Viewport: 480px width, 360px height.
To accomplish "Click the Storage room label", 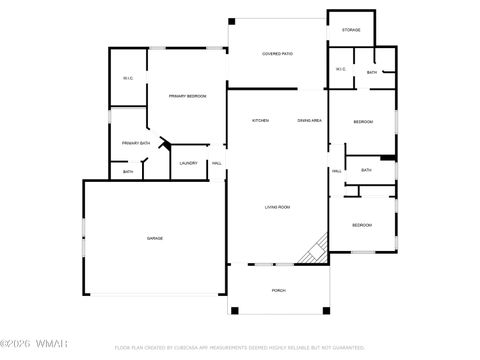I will (x=351, y=30).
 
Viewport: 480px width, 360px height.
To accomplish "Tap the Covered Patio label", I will (x=277, y=53).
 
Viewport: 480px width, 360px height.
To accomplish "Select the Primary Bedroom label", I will (x=187, y=96).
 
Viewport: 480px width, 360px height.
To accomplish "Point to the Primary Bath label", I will (x=136, y=143).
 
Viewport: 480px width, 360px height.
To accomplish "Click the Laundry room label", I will (x=188, y=163).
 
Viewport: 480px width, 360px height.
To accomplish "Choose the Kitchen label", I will (x=260, y=120).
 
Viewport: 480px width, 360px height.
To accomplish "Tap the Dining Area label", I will (x=309, y=120).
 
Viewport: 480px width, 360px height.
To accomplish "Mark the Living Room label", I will (x=277, y=207).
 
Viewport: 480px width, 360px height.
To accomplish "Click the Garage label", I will (x=155, y=238).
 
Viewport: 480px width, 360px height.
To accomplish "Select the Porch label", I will (x=278, y=290).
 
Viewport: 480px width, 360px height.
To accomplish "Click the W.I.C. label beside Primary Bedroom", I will (x=128, y=79).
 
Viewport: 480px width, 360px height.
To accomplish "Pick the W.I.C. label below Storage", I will (x=340, y=69).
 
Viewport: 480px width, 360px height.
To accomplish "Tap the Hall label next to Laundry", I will (x=217, y=163).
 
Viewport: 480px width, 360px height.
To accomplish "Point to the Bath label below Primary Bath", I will (x=128, y=172).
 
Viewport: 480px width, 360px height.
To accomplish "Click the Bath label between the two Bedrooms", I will (x=366, y=170).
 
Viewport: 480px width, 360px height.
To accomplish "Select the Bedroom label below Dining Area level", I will (x=362, y=122).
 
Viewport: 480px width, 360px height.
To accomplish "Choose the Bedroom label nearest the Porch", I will (x=361, y=225).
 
